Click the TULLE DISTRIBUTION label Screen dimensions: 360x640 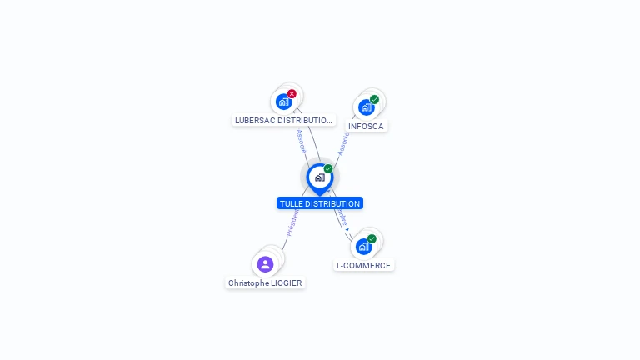click(x=320, y=203)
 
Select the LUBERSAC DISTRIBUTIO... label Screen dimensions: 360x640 click(x=283, y=120)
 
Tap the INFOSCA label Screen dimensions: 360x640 click(x=366, y=126)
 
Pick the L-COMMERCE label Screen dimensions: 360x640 click(x=363, y=265)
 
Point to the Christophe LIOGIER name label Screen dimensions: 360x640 click(x=265, y=282)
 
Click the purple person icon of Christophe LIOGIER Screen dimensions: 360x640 click(x=265, y=264)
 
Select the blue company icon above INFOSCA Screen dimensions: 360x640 click(x=366, y=107)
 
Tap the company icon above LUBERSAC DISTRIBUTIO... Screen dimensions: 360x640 click(x=283, y=102)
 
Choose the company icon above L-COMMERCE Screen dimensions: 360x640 click(x=363, y=246)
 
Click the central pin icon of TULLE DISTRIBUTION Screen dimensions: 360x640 click(x=319, y=177)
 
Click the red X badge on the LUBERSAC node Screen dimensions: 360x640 click(x=292, y=94)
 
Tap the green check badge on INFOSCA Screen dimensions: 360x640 click(x=374, y=99)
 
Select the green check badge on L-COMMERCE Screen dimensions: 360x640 click(x=372, y=239)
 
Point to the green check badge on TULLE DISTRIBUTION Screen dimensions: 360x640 click(x=328, y=169)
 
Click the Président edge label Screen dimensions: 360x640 click(x=292, y=223)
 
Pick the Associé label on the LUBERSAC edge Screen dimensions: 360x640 click(x=301, y=140)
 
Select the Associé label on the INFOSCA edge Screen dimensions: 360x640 click(x=342, y=142)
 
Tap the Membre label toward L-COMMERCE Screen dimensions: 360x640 click(x=341, y=217)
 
